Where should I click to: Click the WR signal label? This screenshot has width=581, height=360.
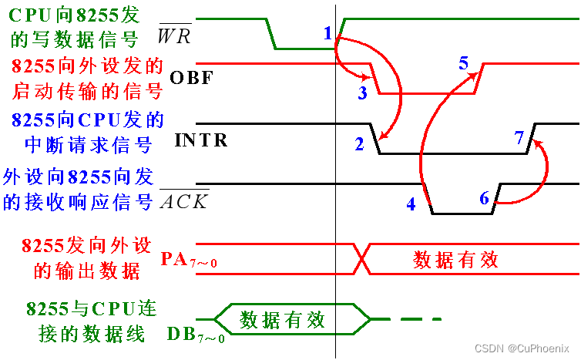tap(174, 35)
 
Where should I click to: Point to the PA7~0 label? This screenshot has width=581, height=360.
tap(189, 259)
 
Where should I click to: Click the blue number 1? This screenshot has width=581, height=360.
tap(327, 33)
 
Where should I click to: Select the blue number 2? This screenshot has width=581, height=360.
tap(359, 143)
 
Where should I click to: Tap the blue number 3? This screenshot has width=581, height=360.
tap(362, 93)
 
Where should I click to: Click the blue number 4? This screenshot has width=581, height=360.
tap(411, 204)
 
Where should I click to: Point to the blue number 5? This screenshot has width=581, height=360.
tap(463, 63)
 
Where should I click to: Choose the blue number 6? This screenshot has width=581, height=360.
tap(484, 198)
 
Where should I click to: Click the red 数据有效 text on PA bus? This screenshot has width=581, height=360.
tap(456, 259)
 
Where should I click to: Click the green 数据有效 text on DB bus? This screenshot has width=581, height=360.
tap(283, 319)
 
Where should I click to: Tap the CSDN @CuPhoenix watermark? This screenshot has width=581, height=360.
tap(522, 348)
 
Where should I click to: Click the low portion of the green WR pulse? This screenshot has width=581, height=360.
tap(304, 49)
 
